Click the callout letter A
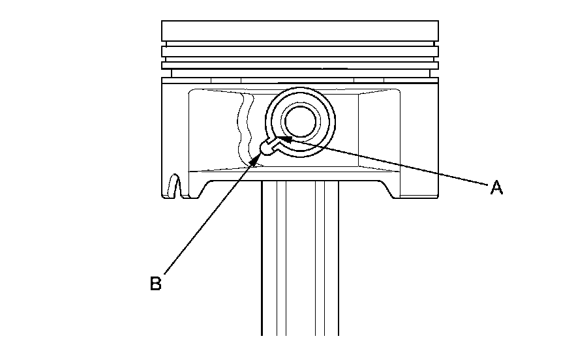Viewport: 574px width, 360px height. [496, 188]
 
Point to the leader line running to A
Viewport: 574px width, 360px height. [391, 163]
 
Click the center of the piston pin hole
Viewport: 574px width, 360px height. [300, 121]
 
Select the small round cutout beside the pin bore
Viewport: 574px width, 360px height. [267, 148]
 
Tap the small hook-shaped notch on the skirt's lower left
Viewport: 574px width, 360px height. [174, 185]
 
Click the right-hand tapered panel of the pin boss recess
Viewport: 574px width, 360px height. [385, 130]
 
